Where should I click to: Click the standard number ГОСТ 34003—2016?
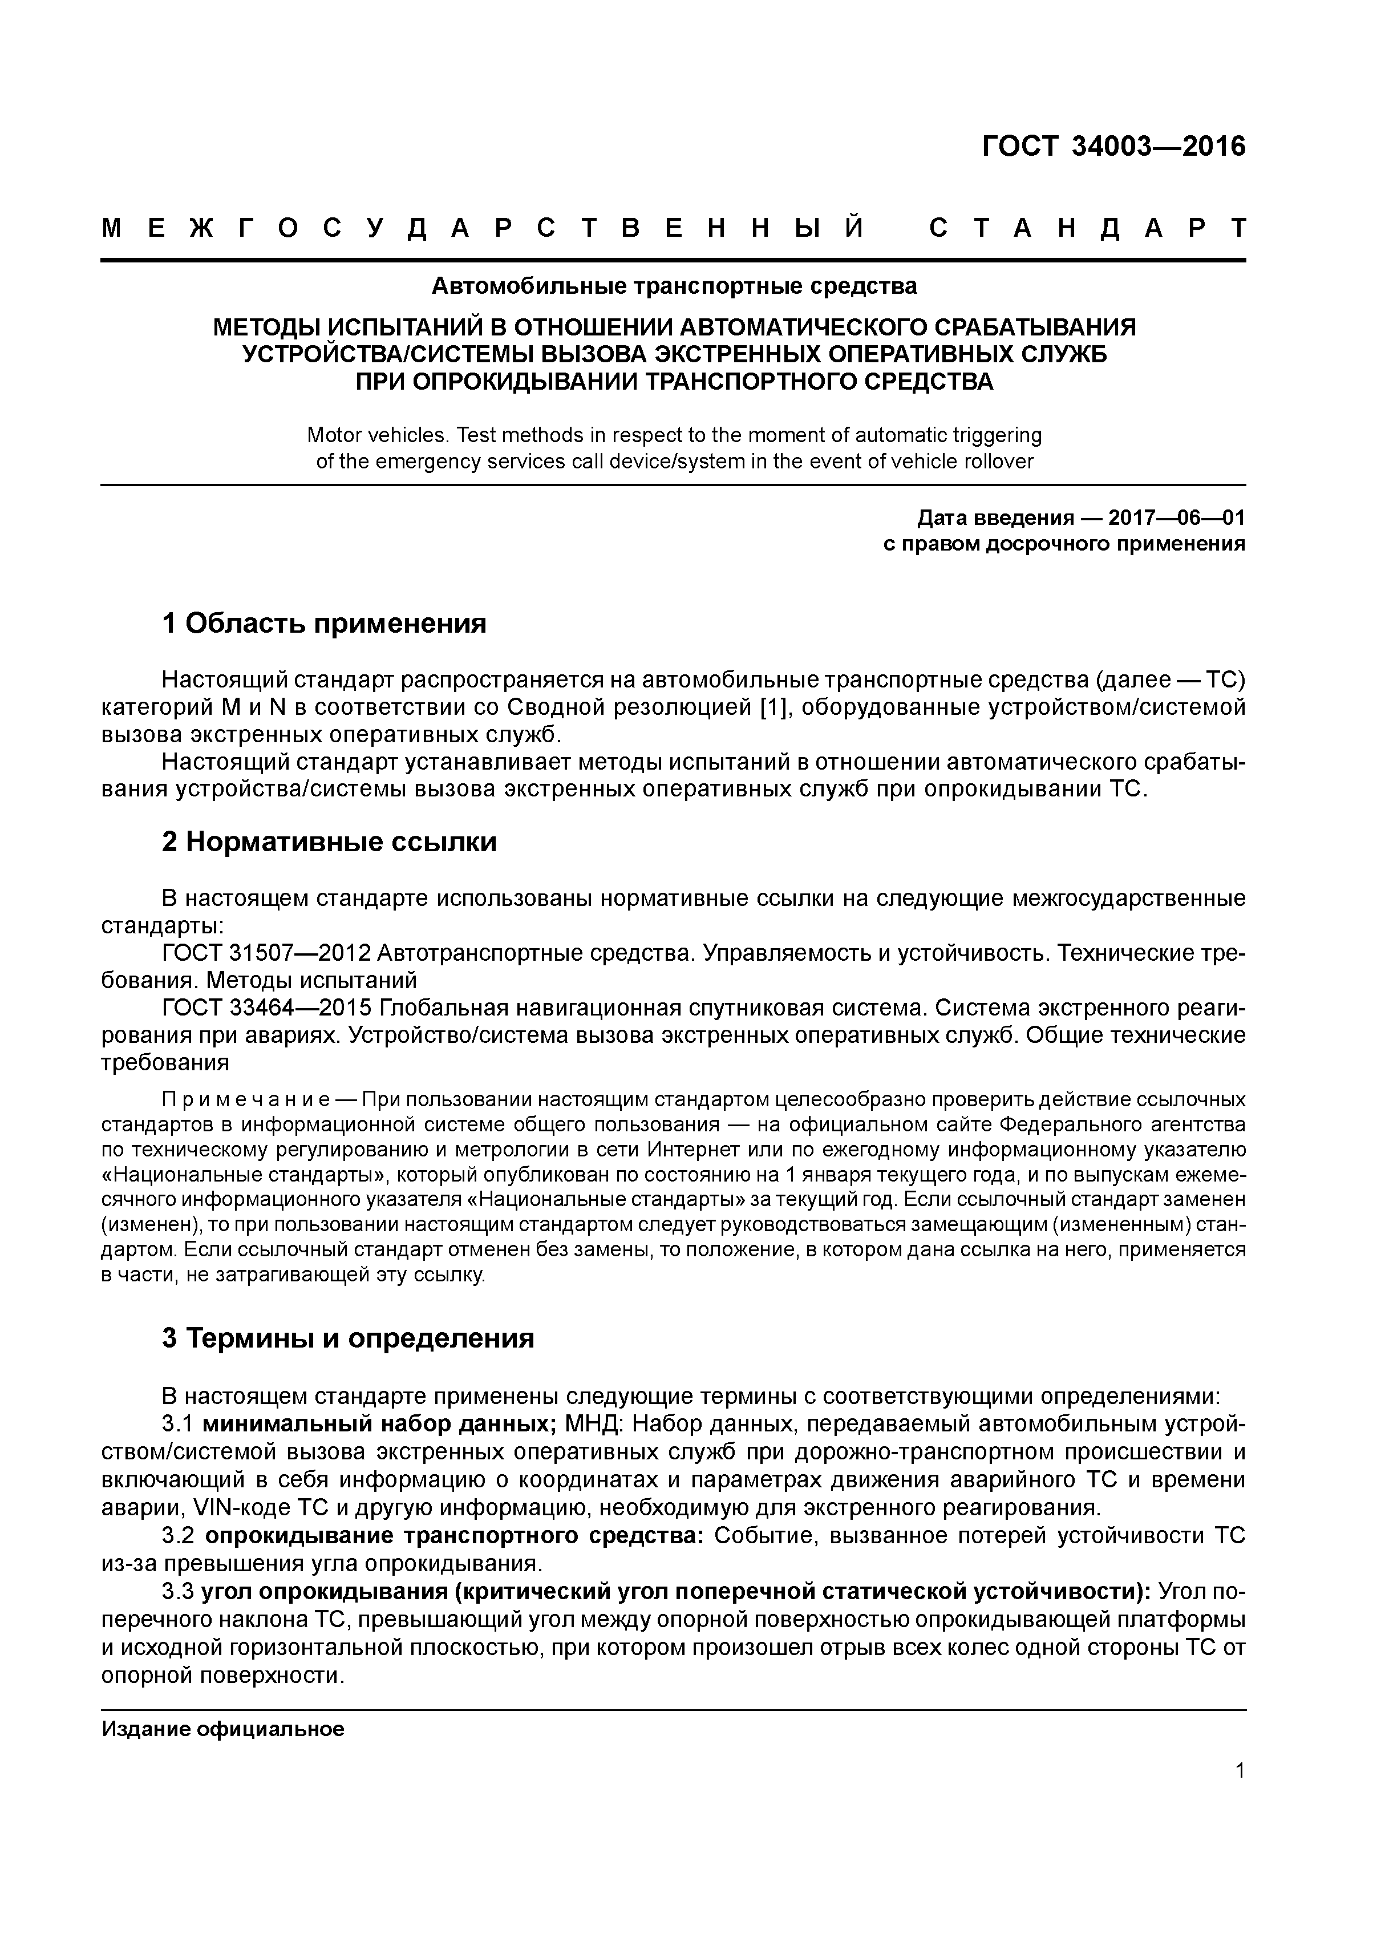pyautogui.click(x=1113, y=147)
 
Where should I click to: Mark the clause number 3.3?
pyautogui.click(x=179, y=1592)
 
